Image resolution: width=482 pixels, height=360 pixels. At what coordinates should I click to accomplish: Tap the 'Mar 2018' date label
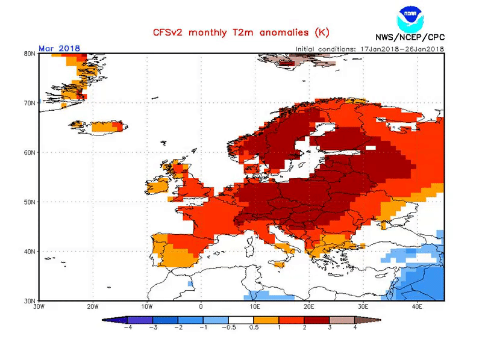[x=59, y=48]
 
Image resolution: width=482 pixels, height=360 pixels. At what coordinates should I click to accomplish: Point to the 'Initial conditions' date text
[x=369, y=49]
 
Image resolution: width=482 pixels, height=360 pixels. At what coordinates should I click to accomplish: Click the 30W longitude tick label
[x=39, y=306]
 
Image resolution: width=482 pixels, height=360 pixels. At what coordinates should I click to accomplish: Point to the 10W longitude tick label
[x=147, y=306]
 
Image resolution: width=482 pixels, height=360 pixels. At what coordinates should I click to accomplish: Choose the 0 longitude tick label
[x=201, y=306]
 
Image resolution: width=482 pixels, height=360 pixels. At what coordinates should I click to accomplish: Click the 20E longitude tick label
[x=309, y=306]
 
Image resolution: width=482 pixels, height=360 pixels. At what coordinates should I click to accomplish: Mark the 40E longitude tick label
[x=417, y=306]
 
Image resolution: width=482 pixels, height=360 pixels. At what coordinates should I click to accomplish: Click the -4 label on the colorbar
[x=128, y=328]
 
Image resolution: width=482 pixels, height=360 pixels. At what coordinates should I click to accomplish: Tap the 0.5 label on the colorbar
[x=254, y=328]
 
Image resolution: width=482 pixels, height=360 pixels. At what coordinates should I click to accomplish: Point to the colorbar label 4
[x=355, y=328]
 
